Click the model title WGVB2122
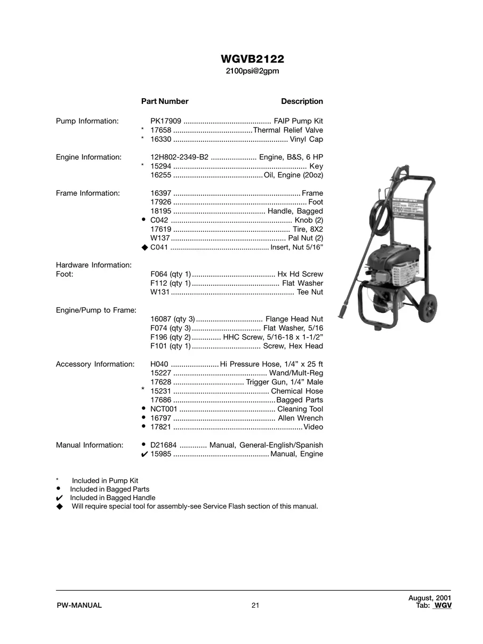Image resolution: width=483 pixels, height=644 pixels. coord(252,59)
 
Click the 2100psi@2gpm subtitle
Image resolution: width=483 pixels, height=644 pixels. coord(252,71)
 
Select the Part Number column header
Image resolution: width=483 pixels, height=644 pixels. coord(165,101)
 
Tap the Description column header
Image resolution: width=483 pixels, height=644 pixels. coord(302,101)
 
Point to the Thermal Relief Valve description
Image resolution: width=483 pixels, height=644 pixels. coord(288,130)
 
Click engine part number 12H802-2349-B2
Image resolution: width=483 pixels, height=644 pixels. coord(179,157)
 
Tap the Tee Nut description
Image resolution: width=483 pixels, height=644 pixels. coord(310,292)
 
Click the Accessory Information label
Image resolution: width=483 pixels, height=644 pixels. coord(95,364)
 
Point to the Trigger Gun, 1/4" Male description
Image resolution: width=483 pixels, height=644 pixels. coord(285,382)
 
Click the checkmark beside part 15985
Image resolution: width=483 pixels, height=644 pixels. coord(144,454)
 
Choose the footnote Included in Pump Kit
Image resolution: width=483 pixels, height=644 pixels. coord(105,480)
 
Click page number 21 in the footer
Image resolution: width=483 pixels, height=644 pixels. coord(255,605)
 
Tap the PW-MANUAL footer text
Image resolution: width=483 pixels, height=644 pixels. coord(79,605)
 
